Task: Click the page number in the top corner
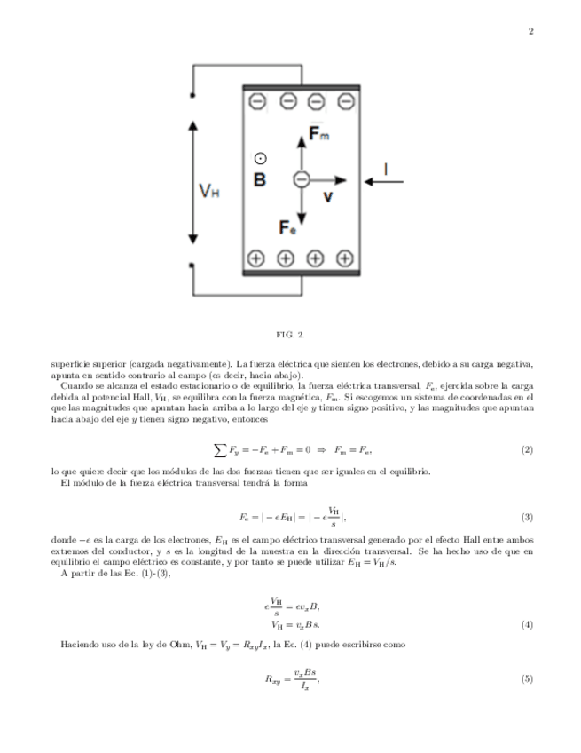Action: click(x=530, y=33)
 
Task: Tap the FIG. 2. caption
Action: click(x=290, y=335)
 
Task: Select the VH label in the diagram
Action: click(x=210, y=190)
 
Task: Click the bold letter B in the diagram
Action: click(x=260, y=180)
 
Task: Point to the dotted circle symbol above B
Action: click(x=260, y=159)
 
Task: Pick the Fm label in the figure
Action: click(x=318, y=133)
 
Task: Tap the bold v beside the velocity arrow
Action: click(x=327, y=196)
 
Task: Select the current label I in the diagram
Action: click(x=385, y=167)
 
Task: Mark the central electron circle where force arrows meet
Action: click(x=301, y=179)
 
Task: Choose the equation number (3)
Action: click(x=527, y=517)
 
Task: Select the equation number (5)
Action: click(x=527, y=679)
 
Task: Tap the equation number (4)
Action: click(x=527, y=624)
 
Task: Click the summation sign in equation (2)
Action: click(x=219, y=450)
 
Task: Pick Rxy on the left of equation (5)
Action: click(x=273, y=680)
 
